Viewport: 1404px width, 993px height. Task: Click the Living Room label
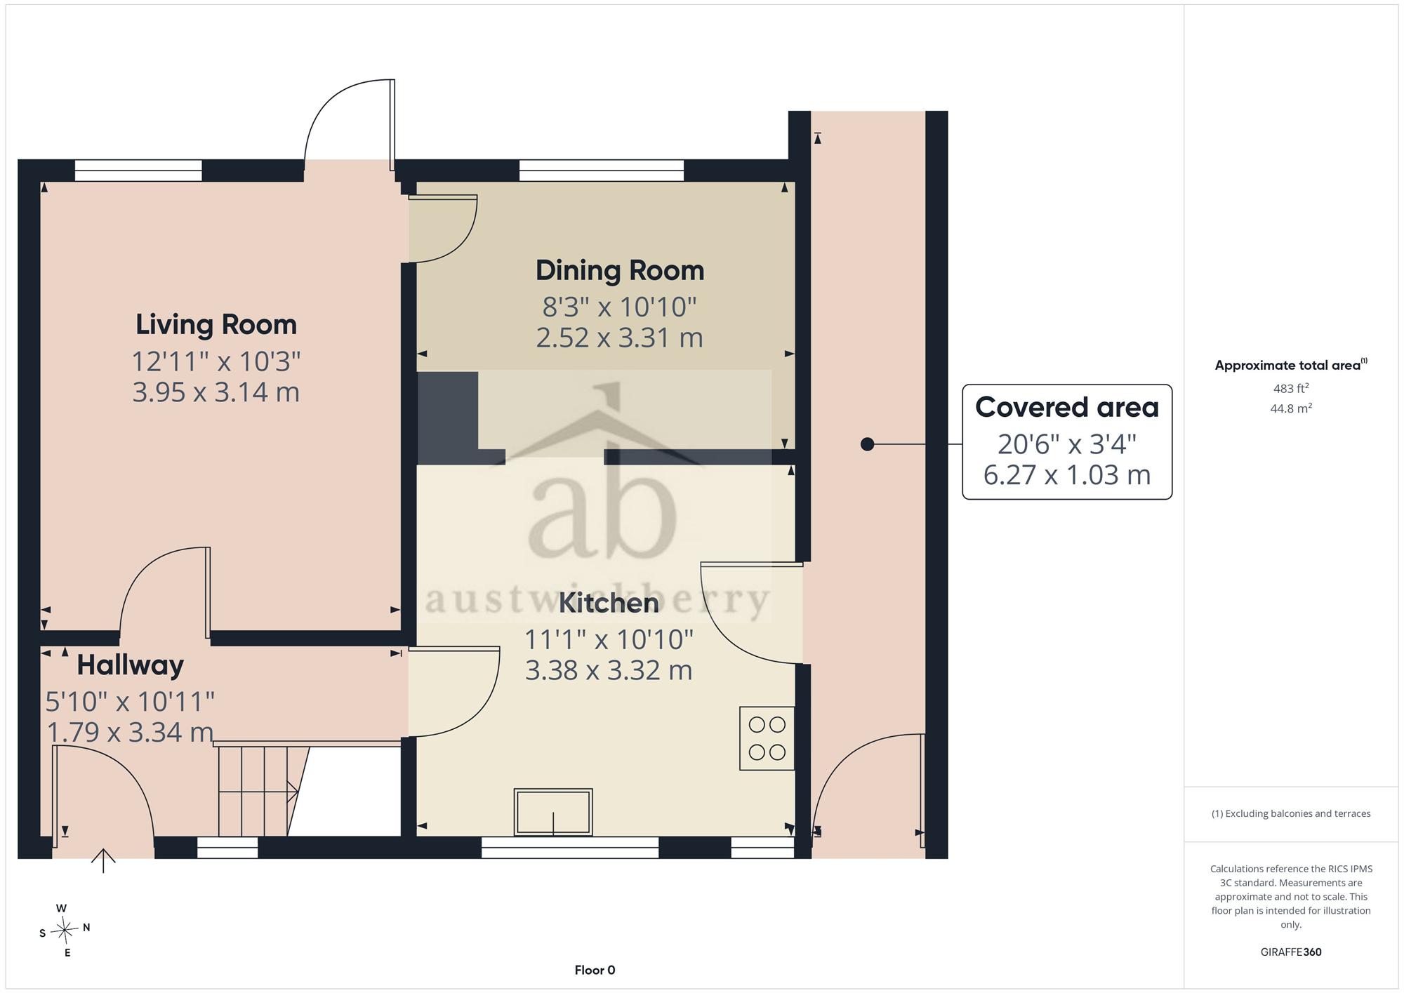216,325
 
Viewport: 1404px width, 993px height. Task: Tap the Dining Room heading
620,271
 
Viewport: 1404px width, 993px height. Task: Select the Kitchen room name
609,603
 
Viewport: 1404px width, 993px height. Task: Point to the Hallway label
131,665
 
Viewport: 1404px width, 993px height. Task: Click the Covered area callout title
1067,408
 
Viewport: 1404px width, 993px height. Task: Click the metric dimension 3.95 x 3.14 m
216,392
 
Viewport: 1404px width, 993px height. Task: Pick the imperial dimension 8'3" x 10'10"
620,307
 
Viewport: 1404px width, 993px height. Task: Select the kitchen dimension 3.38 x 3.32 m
609,670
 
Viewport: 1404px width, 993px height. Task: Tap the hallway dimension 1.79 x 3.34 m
131,732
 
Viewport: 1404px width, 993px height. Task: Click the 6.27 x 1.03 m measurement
1067,475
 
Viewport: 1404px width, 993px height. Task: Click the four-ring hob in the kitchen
767,738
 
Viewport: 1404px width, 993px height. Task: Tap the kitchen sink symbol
553,812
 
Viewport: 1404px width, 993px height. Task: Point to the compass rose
65,931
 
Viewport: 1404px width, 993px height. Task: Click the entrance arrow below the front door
103,861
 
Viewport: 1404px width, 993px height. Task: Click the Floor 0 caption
595,971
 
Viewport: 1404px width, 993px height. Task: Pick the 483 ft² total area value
1291,388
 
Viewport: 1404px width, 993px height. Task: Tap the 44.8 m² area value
1291,408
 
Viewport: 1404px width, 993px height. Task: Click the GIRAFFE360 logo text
1291,952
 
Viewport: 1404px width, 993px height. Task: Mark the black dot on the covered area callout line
868,444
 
